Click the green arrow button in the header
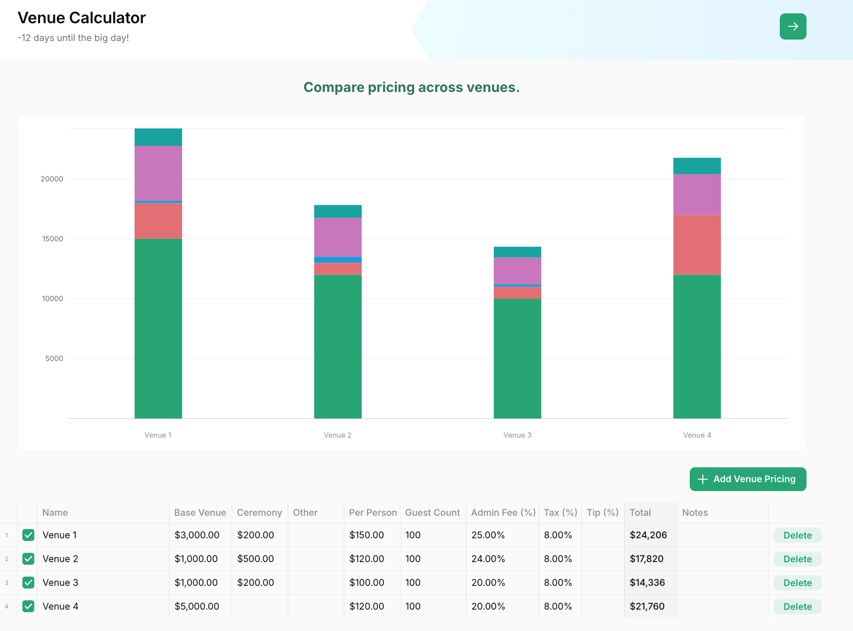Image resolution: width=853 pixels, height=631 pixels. click(793, 26)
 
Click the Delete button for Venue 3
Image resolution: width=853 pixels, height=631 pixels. click(798, 583)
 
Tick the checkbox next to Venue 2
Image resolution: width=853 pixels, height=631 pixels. click(28, 559)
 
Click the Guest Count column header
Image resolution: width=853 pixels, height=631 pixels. click(432, 513)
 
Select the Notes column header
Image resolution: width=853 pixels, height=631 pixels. click(695, 513)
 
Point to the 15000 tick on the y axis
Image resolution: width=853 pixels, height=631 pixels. click(52, 239)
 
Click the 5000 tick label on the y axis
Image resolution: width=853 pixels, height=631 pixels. click(54, 359)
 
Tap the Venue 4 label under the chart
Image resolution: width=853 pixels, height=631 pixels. click(697, 435)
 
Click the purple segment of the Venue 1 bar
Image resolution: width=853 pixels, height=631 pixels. click(158, 173)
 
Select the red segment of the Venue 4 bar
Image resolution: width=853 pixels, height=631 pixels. click(697, 245)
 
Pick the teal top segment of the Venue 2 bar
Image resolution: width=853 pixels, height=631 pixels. click(338, 211)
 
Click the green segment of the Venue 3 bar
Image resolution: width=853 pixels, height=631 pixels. click(518, 359)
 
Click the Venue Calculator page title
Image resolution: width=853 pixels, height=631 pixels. click(82, 18)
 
